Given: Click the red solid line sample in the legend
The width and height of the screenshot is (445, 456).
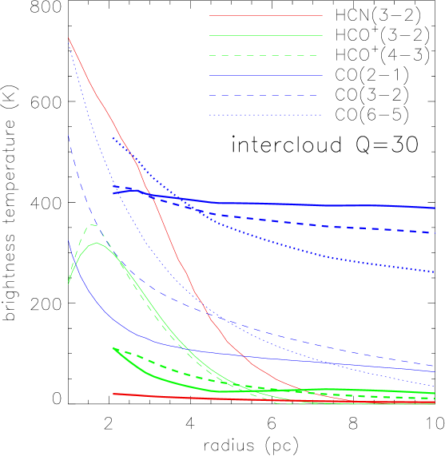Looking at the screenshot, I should [265, 15].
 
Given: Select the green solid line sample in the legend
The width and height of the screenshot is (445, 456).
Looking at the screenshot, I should [265, 35].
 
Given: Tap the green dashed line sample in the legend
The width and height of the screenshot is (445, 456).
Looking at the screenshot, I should [265, 55].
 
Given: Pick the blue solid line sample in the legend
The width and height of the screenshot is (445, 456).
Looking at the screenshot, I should [265, 75].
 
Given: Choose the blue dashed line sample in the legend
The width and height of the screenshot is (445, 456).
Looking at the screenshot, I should [265, 95].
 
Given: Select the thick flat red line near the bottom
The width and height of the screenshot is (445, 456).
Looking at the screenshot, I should [240, 399].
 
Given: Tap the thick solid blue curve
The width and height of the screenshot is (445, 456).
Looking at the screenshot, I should [320, 204].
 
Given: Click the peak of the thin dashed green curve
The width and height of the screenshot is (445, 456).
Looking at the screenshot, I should [93, 225].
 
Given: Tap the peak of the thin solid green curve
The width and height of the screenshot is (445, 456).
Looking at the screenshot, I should [97, 243].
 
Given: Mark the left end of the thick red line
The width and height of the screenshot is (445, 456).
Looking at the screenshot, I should [114, 394].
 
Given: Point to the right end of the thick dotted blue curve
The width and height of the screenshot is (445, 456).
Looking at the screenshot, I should [434, 272].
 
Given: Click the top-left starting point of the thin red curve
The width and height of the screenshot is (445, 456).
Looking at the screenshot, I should [70, 38].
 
